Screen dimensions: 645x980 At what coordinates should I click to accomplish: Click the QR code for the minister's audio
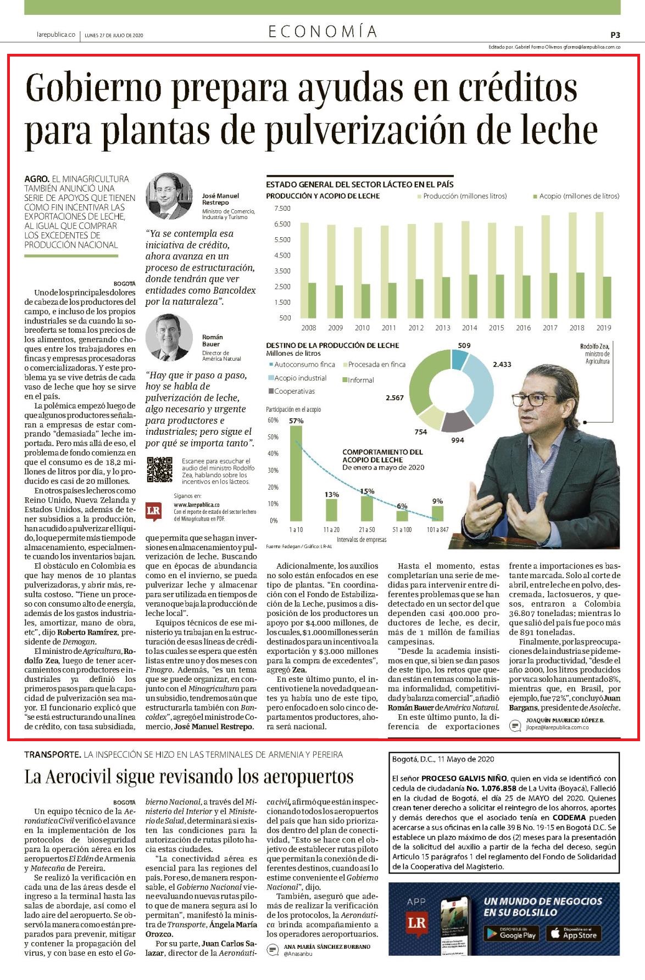click(x=160, y=471)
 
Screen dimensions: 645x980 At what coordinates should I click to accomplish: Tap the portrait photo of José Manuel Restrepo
click(x=168, y=196)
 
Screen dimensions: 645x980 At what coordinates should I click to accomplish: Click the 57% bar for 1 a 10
click(x=296, y=473)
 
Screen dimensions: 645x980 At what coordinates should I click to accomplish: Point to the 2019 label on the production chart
click(x=603, y=328)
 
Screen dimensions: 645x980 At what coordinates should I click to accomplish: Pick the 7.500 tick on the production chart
click(x=282, y=209)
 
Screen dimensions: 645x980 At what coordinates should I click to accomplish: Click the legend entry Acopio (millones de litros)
click(x=576, y=196)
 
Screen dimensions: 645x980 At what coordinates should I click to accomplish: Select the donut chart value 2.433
click(x=502, y=364)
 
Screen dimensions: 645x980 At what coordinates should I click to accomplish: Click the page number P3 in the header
click(x=615, y=35)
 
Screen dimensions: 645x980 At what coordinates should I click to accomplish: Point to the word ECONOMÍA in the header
click(x=322, y=32)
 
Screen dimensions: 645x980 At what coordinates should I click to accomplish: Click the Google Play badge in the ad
click(x=510, y=933)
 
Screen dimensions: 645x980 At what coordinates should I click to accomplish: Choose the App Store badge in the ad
click(x=572, y=933)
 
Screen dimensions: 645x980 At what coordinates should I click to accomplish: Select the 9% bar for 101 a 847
click(x=437, y=513)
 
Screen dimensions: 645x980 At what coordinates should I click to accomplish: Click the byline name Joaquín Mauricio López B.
click(x=565, y=719)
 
